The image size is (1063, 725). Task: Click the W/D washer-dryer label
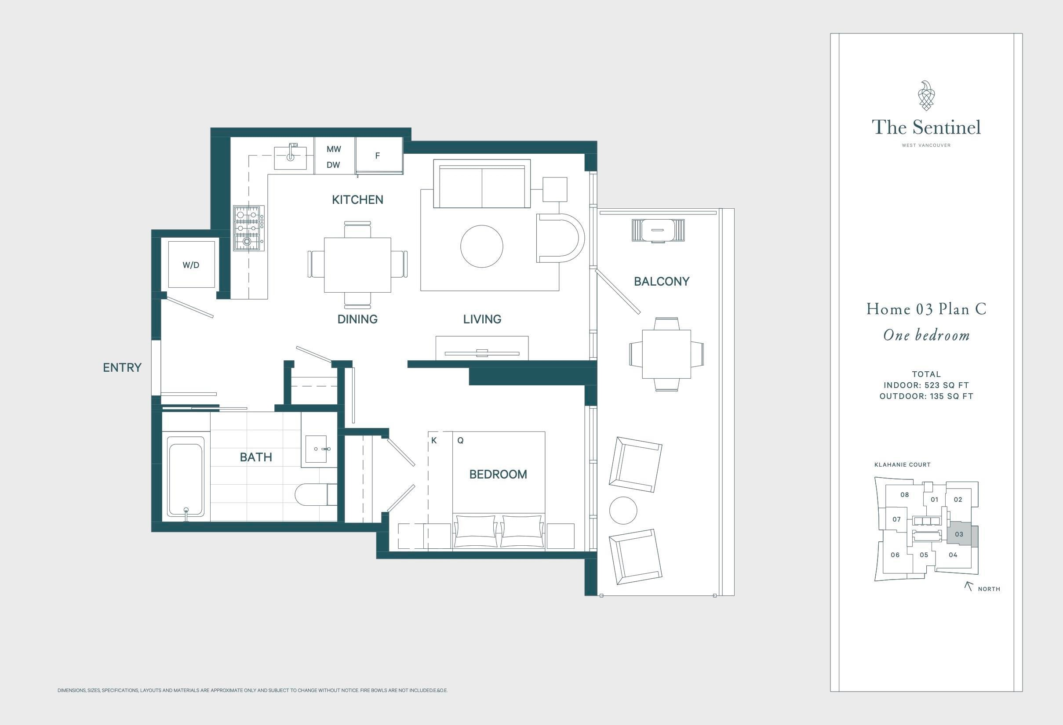pyautogui.click(x=191, y=265)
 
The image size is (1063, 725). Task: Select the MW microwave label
pyautogui.click(x=333, y=149)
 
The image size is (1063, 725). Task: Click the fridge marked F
pyautogui.click(x=379, y=156)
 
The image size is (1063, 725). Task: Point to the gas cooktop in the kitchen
pyautogui.click(x=249, y=228)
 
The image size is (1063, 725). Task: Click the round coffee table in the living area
pyautogui.click(x=482, y=246)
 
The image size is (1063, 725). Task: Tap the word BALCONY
pyautogui.click(x=661, y=281)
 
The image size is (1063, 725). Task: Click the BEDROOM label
pyautogui.click(x=498, y=474)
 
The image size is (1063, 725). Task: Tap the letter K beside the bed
pyautogui.click(x=434, y=440)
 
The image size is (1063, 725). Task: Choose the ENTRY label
pyautogui.click(x=122, y=367)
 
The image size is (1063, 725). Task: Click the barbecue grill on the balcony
pyautogui.click(x=658, y=230)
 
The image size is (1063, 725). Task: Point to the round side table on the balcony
pyautogui.click(x=623, y=511)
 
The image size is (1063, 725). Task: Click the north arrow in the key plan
pyautogui.click(x=968, y=586)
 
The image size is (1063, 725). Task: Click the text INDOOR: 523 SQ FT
pyautogui.click(x=926, y=385)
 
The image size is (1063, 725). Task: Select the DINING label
pyautogui.click(x=357, y=319)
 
